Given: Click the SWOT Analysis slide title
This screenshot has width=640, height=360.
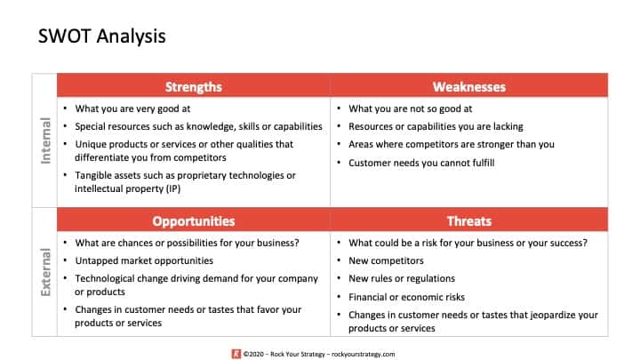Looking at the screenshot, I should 101,36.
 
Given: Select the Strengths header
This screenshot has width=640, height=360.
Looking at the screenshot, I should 193,86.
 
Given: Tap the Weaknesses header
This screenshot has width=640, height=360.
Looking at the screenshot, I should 468,86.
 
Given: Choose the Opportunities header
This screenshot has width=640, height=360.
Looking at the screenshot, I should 193,220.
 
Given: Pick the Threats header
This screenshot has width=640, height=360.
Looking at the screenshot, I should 468,220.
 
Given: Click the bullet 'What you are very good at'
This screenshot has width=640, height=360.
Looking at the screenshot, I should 133,108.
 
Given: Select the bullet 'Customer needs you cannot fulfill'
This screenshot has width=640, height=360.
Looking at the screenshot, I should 423,163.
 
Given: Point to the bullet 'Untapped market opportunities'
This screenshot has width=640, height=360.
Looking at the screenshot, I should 144,260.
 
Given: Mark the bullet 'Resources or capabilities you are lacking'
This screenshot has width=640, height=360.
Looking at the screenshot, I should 436,126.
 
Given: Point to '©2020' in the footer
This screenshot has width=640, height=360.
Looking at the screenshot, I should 252,352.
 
